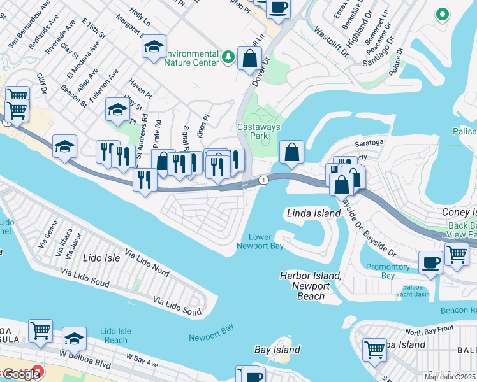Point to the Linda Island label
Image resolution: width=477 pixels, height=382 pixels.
pos(313,213)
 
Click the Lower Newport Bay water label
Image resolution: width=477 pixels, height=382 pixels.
pos(260,241)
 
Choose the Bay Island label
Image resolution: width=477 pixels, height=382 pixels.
pos(277,350)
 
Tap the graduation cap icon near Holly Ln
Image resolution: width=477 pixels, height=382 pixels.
pos(153,47)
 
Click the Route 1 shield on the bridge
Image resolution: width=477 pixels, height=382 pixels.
pos(263,181)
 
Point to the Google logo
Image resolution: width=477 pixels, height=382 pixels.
pos(20,374)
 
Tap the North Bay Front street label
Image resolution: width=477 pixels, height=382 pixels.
pos(429,330)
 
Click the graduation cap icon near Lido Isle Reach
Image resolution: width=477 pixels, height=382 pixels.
pos(74,338)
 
